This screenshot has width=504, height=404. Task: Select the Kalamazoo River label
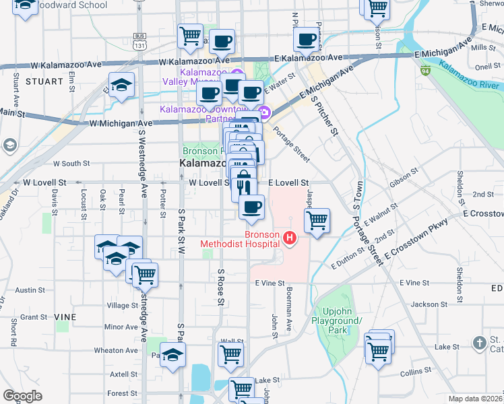(x=470, y=76)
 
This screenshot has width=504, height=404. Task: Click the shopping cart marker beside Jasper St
(x=317, y=220)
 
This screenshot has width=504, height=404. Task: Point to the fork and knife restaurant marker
(x=244, y=187)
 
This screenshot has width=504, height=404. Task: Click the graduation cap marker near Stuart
(x=121, y=86)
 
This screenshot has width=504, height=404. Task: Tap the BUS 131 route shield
(x=140, y=40)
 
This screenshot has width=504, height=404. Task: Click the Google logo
(x=23, y=396)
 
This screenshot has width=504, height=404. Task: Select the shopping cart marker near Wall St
(x=230, y=354)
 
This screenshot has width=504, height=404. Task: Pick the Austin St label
(x=30, y=291)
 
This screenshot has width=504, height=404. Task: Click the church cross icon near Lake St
(x=479, y=343)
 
